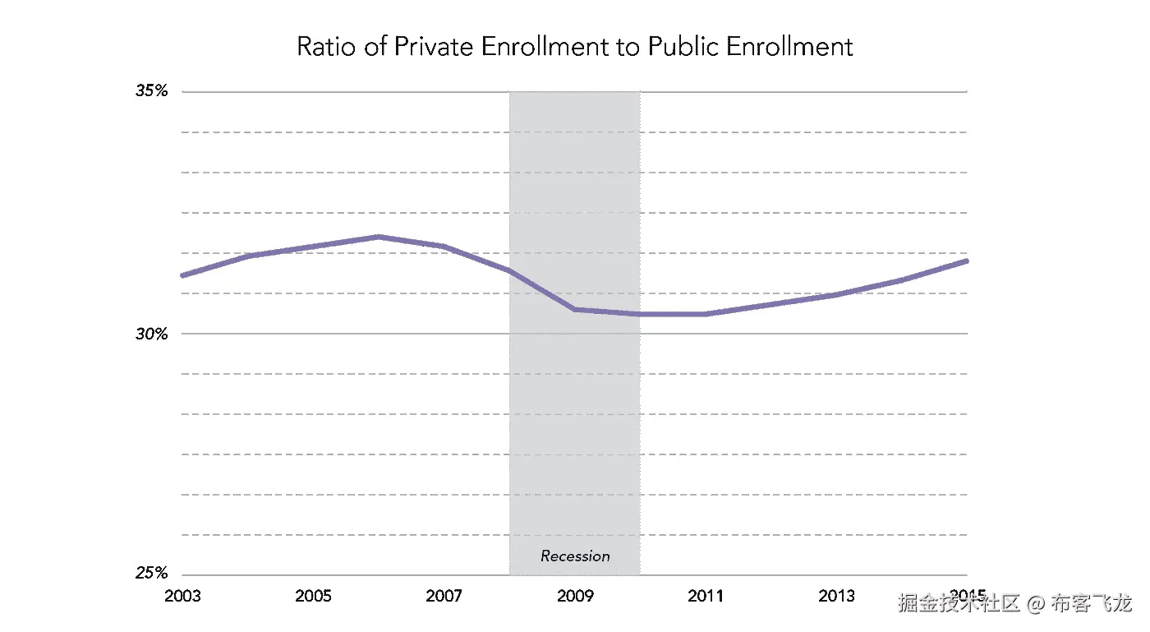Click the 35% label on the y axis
tap(152, 91)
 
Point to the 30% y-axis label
tap(152, 334)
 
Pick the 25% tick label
tap(152, 574)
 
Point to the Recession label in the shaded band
tap(575, 556)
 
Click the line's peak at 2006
tap(379, 237)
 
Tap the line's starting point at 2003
tap(182, 275)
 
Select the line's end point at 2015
tap(967, 261)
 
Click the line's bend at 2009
tap(574, 310)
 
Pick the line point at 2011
tap(705, 314)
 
